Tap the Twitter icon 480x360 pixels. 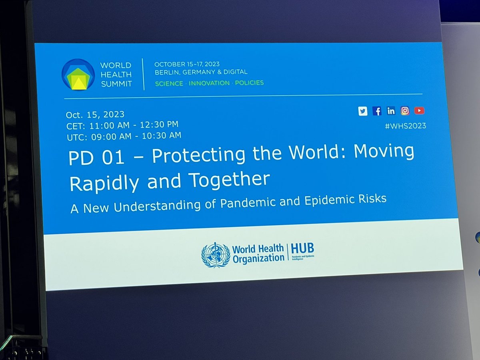(x=363, y=112)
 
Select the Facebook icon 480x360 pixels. (x=377, y=111)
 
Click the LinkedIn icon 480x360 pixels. (x=391, y=111)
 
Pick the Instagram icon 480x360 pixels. (x=405, y=111)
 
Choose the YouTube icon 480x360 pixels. (x=419, y=110)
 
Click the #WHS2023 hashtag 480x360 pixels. (x=405, y=126)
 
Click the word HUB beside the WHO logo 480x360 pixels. (x=303, y=249)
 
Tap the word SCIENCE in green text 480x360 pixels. (x=169, y=84)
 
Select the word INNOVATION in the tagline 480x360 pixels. (x=209, y=83)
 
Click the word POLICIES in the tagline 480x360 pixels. (x=249, y=83)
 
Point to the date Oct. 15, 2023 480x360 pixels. (x=95, y=115)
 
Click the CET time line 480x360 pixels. (x=122, y=125)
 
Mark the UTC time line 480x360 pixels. (x=123, y=136)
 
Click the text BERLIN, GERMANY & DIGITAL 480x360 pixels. (x=201, y=72)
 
